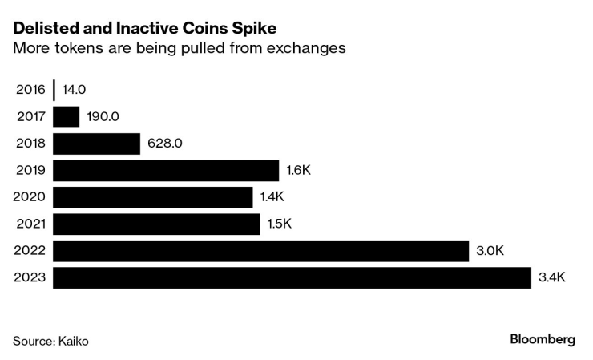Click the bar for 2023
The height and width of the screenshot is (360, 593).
(292, 278)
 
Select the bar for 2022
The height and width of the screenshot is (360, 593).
(261, 251)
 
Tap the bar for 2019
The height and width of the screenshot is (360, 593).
(166, 170)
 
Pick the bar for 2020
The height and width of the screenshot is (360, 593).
(153, 197)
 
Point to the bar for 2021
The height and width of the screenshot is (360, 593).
(157, 224)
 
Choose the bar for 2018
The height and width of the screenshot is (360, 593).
(97, 144)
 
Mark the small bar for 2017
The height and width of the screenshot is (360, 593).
(67, 116)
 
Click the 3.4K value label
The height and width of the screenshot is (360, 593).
(553, 278)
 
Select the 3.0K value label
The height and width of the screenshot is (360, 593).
(490, 251)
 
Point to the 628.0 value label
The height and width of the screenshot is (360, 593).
(166, 144)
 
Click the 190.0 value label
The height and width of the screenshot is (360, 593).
(103, 116)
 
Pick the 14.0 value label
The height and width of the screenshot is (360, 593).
(74, 90)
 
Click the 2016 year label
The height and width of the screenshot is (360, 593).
(30, 90)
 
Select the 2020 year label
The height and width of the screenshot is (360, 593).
(30, 197)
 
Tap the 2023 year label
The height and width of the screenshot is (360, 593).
(30, 278)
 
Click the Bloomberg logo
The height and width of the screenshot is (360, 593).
(543, 339)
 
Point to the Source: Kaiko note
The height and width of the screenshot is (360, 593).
(50, 341)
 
